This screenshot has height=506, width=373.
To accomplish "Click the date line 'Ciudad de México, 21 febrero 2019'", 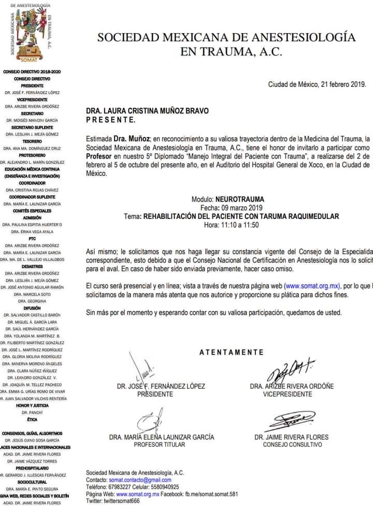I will pyautogui.click(x=317, y=84).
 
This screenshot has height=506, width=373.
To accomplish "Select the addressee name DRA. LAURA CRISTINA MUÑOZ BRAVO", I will pyautogui.click(x=151, y=111).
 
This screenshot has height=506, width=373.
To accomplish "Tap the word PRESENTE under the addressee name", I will pyautogui.click(x=110, y=120).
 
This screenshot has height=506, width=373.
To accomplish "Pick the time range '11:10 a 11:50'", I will pyautogui.click(x=240, y=225).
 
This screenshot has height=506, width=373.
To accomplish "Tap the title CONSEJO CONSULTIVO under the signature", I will pyautogui.click(x=292, y=444).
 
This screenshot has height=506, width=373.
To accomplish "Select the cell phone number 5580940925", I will pyautogui.click(x=163, y=487).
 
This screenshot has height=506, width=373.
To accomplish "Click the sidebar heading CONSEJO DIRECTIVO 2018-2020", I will pyautogui.click(x=32, y=71).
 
